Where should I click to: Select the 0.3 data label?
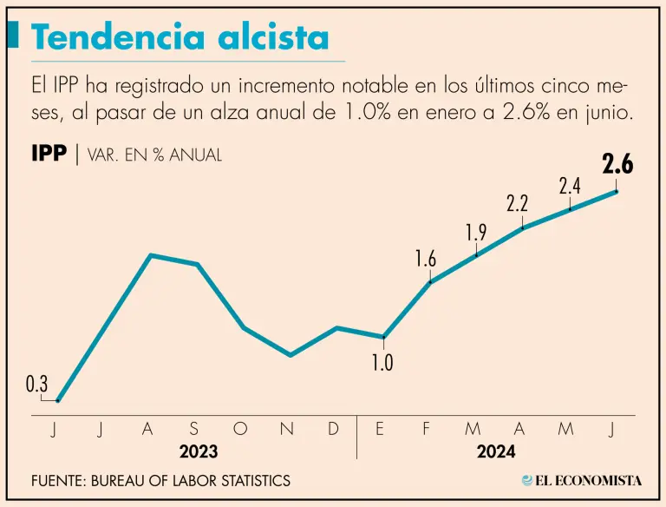click(x=36, y=384)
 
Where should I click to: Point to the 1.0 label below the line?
click(x=382, y=363)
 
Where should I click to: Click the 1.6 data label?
click(x=426, y=259)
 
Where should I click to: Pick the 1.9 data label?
click(x=476, y=232)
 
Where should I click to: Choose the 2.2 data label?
click(x=518, y=205)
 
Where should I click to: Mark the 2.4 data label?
click(x=570, y=185)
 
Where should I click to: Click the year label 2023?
click(x=198, y=452)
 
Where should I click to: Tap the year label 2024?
click(x=496, y=452)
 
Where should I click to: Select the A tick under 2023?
click(x=147, y=429)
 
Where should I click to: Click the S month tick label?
click(x=193, y=429)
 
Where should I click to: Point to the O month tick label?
click(x=241, y=429)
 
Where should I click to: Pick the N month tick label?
click(x=288, y=429)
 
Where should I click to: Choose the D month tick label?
click(x=334, y=429)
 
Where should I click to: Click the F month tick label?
click(x=427, y=429)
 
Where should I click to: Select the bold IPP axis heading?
click(x=49, y=155)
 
